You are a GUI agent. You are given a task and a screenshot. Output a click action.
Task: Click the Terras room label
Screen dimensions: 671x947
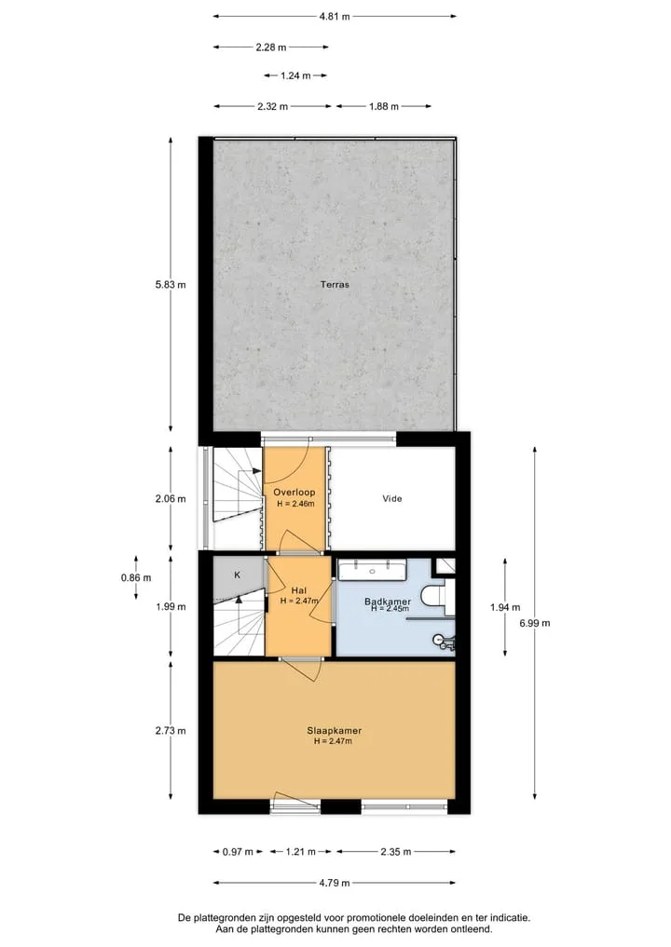click(335, 284)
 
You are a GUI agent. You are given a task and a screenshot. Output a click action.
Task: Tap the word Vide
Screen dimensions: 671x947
click(392, 499)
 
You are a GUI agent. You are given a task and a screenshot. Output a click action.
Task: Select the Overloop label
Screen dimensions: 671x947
click(294, 493)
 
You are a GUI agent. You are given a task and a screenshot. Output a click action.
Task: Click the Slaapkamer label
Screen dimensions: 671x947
click(335, 731)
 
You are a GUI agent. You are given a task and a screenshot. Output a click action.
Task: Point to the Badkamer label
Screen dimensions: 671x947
click(388, 602)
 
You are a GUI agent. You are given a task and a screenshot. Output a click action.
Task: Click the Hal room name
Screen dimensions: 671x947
click(298, 590)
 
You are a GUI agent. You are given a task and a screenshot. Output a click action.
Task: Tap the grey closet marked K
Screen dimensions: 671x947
click(239, 575)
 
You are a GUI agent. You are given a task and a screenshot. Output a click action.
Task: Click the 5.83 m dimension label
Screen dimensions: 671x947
click(171, 284)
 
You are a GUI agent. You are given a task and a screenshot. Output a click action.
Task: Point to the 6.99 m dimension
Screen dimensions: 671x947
click(534, 623)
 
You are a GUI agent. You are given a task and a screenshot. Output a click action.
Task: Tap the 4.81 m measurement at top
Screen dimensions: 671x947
click(335, 17)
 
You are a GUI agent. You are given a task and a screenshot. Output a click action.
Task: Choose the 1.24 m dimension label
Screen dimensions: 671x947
click(295, 75)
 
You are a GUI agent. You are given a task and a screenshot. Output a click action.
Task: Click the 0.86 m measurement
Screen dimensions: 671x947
click(136, 577)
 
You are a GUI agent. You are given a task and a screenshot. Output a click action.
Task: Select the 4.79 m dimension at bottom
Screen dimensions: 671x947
click(335, 883)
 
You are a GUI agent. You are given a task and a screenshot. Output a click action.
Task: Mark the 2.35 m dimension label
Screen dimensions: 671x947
click(396, 852)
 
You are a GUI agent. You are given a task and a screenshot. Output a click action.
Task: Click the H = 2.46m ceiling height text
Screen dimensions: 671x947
click(295, 504)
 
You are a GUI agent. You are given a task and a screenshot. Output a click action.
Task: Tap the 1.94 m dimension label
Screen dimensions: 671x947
click(505, 607)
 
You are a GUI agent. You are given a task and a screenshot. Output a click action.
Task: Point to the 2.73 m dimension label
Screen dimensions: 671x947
click(171, 731)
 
